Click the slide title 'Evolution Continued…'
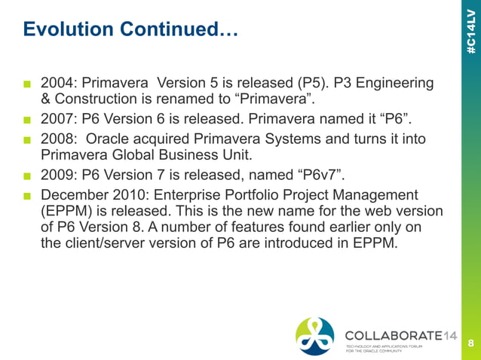coord(130,30)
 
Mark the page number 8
coord(471,343)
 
